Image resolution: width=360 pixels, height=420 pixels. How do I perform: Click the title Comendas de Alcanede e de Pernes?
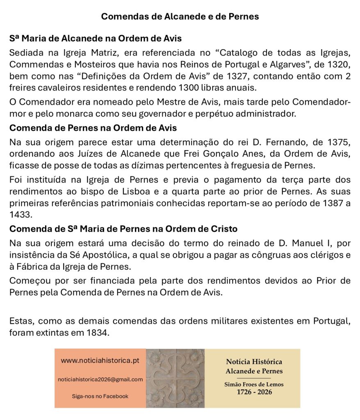click(180, 17)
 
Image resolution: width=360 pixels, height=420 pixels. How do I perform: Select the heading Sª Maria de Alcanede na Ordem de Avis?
click(95, 39)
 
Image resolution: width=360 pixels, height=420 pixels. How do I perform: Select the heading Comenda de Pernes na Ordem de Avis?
click(93, 128)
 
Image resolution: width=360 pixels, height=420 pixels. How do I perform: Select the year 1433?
click(20, 214)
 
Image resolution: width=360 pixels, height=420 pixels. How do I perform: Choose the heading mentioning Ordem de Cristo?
click(123, 228)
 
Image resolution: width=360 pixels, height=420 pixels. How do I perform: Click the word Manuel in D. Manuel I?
click(304, 244)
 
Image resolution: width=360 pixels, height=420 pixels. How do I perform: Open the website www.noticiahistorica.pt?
click(100, 361)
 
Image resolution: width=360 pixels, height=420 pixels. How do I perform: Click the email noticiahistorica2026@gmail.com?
click(100, 379)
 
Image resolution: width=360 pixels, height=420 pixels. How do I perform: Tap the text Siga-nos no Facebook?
click(100, 396)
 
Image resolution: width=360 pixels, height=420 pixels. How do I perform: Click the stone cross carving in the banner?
click(175, 378)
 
